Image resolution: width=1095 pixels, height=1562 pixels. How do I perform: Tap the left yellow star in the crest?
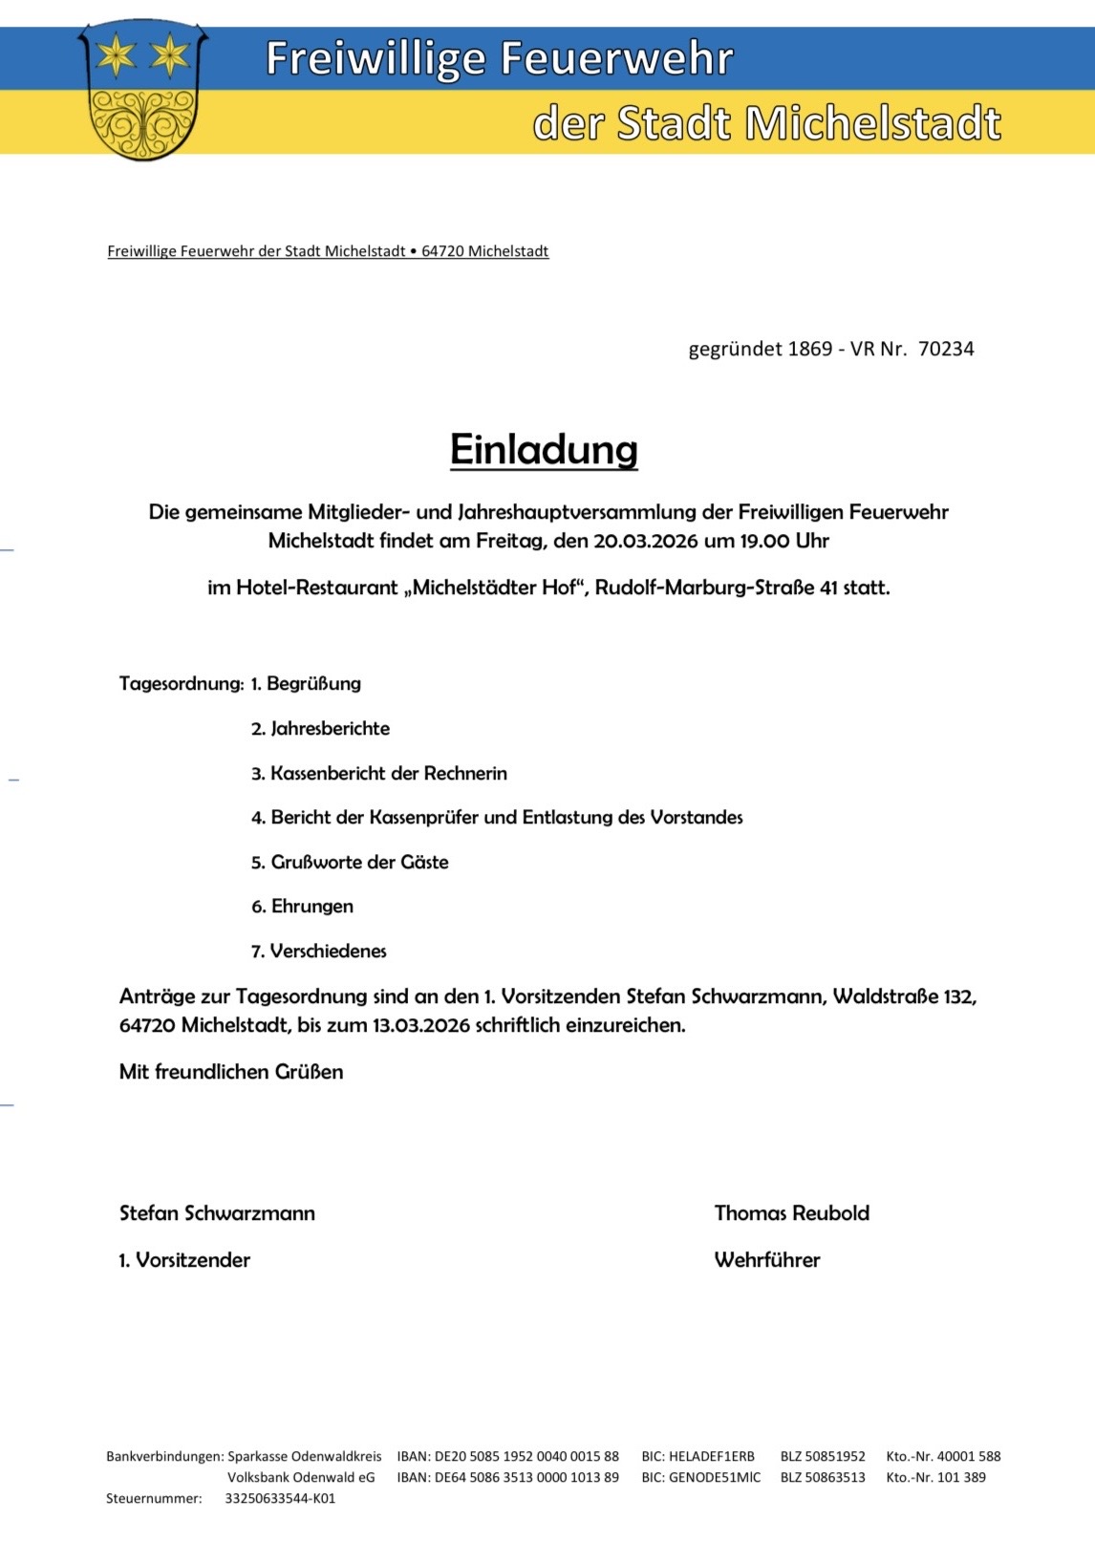pos(117,55)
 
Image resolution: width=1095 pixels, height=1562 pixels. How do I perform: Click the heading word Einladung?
pos(544,450)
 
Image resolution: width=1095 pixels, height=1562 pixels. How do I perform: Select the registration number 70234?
pos(946,349)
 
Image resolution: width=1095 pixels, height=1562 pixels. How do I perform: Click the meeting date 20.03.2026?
pos(645,541)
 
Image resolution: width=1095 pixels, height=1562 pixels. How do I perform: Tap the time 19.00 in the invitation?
pos(764,541)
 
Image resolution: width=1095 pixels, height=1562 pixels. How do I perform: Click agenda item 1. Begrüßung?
pos(306,684)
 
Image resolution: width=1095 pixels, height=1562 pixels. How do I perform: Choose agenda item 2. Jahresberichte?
pos(320,729)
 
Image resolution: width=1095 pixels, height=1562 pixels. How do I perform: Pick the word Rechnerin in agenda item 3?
pos(464,774)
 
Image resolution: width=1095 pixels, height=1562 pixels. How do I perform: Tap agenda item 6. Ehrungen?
pos(302,907)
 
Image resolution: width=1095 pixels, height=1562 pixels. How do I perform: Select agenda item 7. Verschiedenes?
pos(318,952)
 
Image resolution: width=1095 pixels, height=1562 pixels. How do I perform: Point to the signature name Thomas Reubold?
pos(791,1213)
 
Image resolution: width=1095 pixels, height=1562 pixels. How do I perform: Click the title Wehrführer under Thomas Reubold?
pos(766,1260)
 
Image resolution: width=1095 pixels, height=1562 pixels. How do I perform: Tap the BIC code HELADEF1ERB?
pos(711,1457)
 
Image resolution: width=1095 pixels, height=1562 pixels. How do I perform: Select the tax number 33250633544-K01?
pos(280,1499)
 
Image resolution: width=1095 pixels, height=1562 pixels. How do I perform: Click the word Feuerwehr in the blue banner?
pos(617,58)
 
